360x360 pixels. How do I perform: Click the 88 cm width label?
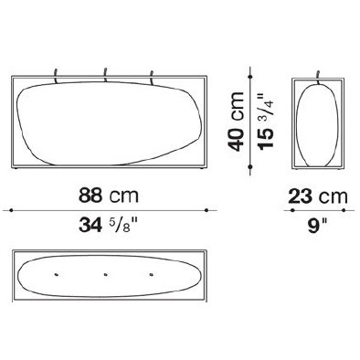(109, 196)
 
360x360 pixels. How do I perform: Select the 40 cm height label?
(236, 122)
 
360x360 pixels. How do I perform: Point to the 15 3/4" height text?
(266, 122)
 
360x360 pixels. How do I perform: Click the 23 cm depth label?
(318, 196)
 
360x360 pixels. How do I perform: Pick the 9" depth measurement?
(317, 226)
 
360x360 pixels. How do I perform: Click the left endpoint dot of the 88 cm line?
(11, 210)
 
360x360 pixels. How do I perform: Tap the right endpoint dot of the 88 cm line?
(206, 210)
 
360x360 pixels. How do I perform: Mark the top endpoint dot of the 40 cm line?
(250, 76)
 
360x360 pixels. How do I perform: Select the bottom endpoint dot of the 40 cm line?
(250, 166)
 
